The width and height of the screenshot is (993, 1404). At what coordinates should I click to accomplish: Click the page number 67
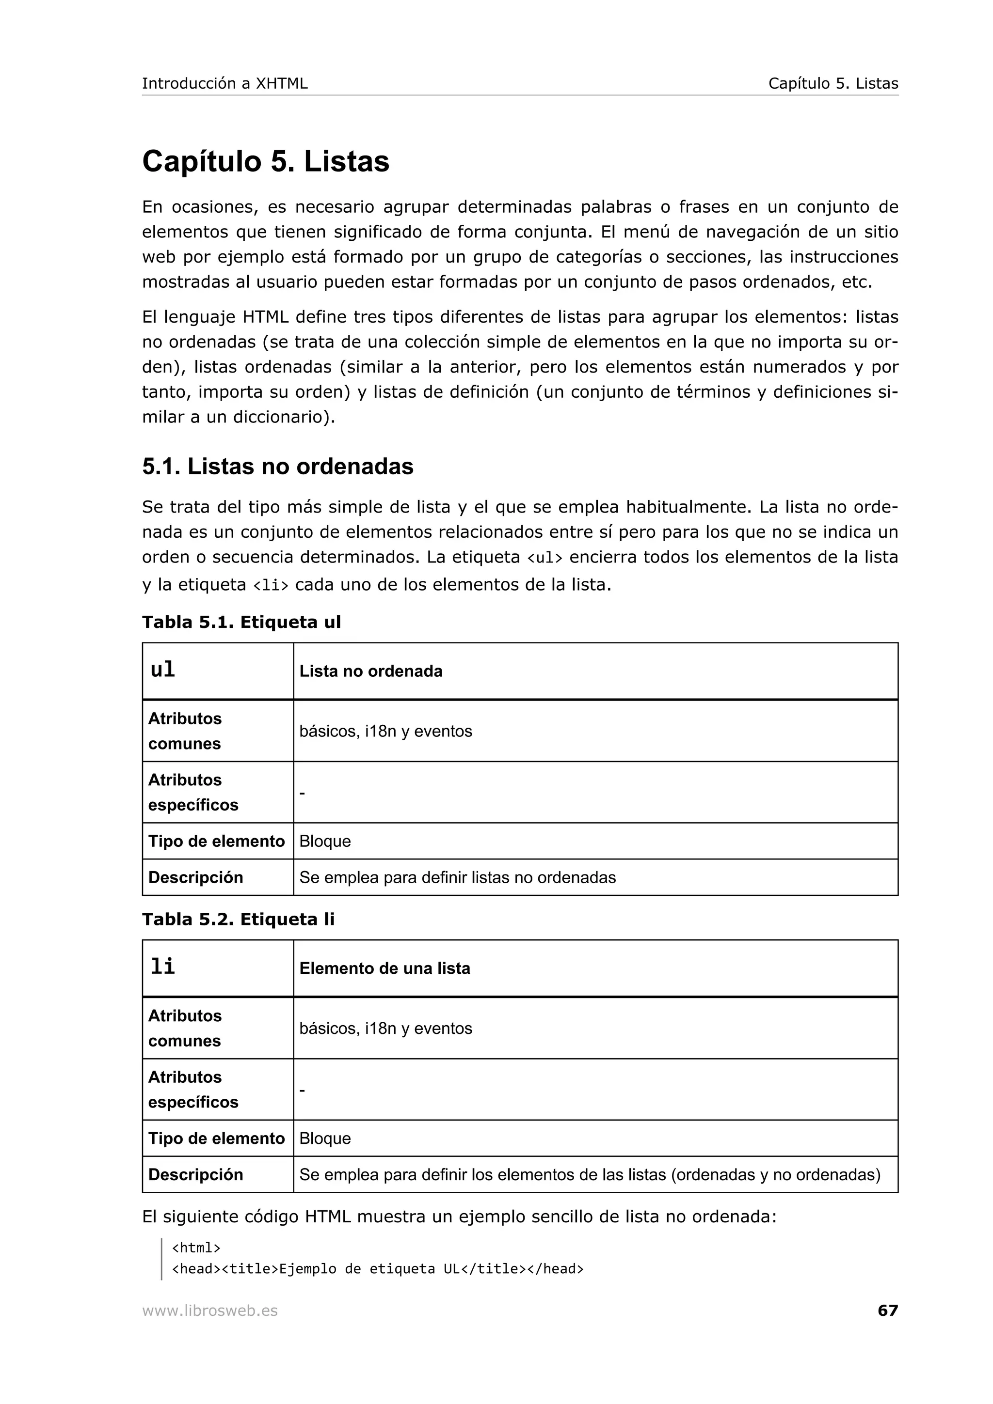pos(887,1310)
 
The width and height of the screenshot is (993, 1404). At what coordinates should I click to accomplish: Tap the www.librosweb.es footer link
pos(210,1311)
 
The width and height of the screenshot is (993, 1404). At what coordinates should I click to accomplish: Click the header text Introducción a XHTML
pos(224,84)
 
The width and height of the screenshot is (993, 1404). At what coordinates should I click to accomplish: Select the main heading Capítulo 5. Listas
pos(266,162)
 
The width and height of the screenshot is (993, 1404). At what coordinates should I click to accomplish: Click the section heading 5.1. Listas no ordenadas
pos(278,467)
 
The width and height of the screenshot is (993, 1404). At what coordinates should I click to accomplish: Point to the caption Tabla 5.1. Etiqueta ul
pos(241,623)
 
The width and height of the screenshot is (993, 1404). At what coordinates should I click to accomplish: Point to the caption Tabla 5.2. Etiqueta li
pos(238,920)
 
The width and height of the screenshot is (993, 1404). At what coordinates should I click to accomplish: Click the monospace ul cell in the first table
pos(163,670)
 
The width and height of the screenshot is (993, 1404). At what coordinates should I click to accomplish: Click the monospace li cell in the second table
pos(163,967)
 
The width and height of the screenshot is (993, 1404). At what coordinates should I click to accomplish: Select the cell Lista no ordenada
pos(371,671)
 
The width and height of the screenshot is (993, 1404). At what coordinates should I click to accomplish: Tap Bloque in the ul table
pos(325,842)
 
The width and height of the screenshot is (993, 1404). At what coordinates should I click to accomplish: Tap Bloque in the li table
pos(325,1139)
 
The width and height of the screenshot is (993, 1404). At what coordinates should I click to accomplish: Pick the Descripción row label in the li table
pos(195,1175)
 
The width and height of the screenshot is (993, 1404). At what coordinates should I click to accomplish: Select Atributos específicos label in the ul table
pos(192,793)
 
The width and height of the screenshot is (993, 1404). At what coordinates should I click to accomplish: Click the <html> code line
pos(196,1248)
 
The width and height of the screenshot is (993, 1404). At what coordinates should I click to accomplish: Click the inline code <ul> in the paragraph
pos(544,558)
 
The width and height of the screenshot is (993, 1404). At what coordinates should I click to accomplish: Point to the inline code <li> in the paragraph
pos(271,586)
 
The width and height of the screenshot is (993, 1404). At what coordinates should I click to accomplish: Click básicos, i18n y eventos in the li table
pos(385,1029)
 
